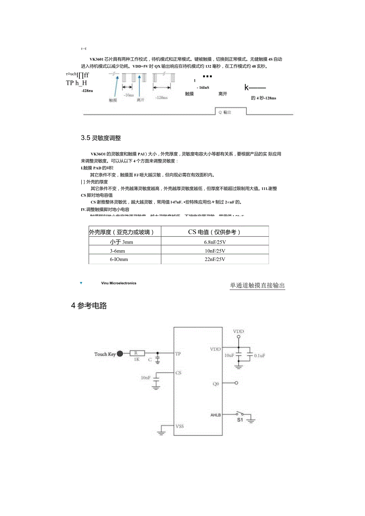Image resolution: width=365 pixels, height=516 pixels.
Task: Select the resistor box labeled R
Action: point(136,353)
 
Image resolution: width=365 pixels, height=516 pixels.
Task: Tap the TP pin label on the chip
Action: point(178,353)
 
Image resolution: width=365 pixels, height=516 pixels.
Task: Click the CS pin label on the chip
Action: point(179,373)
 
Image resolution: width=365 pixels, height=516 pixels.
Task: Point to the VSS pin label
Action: point(180,426)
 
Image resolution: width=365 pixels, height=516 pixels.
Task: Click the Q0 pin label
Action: point(216,384)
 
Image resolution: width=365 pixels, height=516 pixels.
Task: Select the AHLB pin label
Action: point(216,415)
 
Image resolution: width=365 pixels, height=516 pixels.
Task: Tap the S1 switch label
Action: point(240,420)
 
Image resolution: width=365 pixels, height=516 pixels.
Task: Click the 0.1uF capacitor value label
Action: point(259,356)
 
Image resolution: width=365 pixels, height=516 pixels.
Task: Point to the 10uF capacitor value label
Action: point(229,356)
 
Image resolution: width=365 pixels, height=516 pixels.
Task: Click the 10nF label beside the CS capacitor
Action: point(145,378)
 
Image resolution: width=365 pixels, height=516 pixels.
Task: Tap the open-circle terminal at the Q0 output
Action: point(236,383)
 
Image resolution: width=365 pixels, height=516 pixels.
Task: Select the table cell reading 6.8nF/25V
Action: point(215,242)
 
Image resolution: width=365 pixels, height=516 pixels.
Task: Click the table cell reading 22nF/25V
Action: point(215,259)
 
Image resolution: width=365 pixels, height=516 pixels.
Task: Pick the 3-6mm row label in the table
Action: point(117,251)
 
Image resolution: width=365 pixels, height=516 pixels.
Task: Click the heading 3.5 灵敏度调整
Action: point(101,138)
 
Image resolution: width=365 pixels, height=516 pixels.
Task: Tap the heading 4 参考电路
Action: point(89,306)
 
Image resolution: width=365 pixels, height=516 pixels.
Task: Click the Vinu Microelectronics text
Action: point(119,283)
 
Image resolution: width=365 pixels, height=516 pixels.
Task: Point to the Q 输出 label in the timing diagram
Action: point(225,112)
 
